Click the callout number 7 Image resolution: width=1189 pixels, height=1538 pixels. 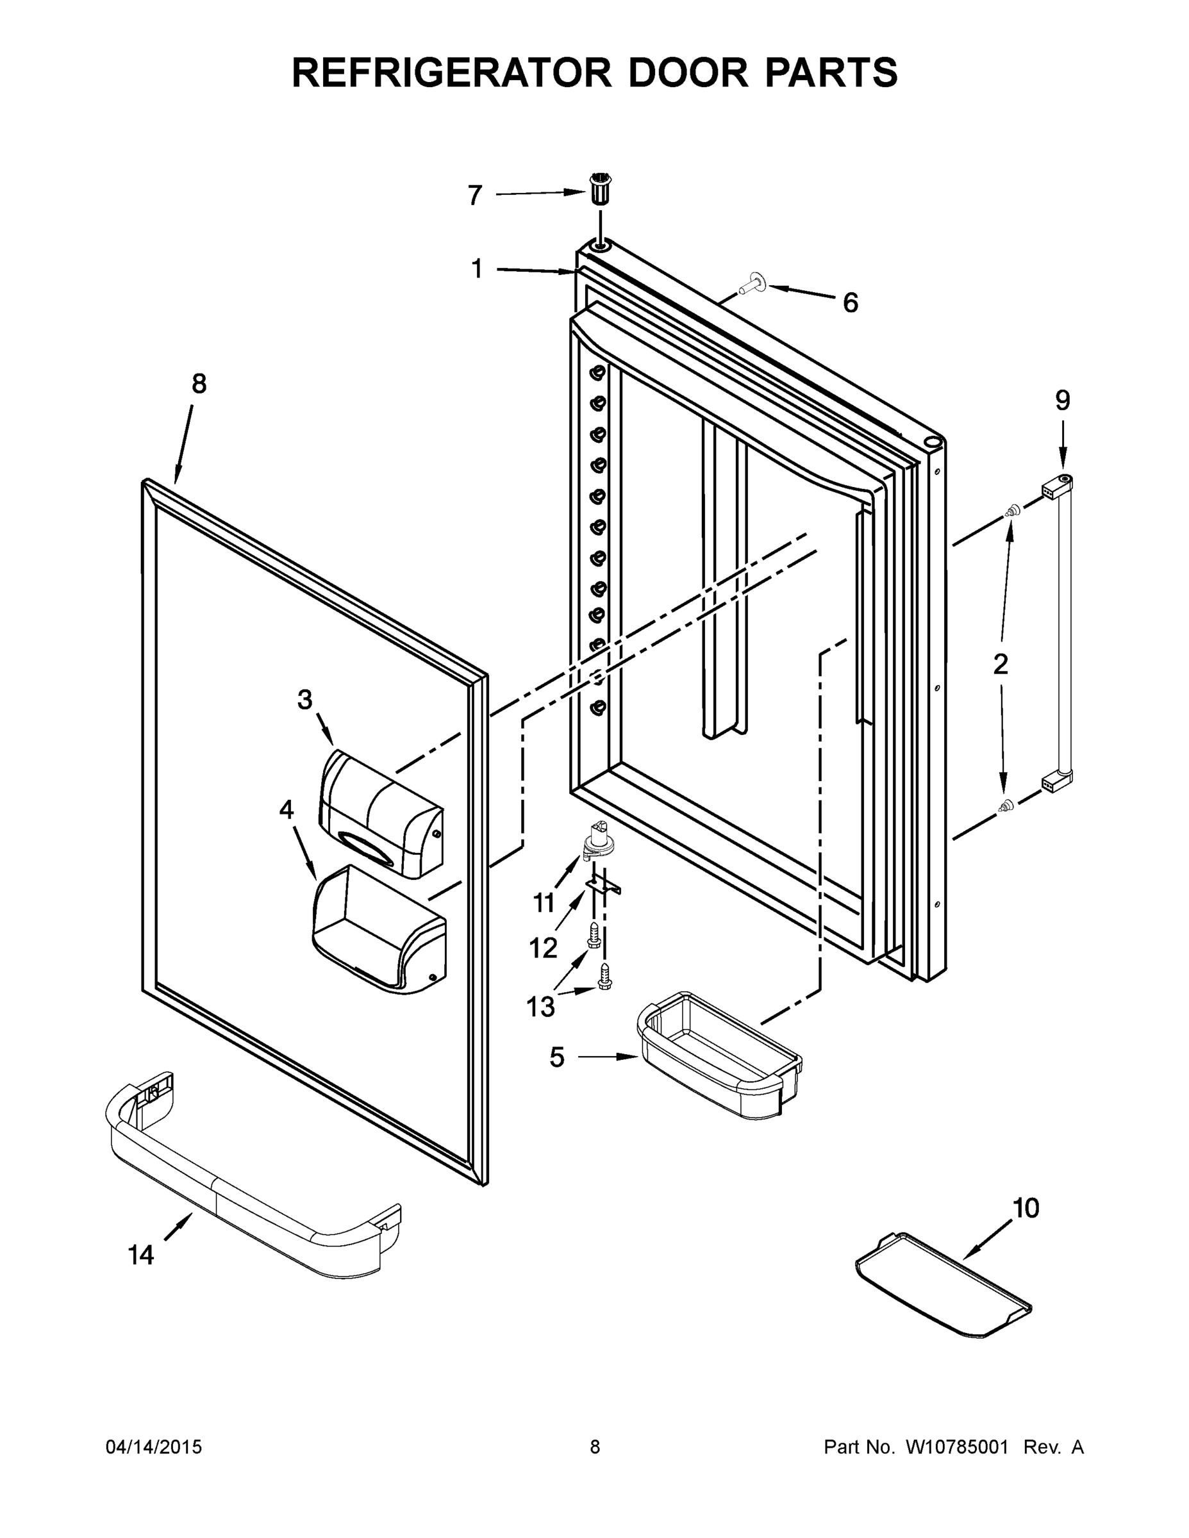(475, 195)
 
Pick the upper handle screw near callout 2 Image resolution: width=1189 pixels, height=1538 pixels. (1013, 510)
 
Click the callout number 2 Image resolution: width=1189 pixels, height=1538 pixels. (1000, 663)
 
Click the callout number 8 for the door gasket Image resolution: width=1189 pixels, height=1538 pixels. (199, 384)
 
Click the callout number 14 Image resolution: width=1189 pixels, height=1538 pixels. (141, 1254)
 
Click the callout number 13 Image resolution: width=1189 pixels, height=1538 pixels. (541, 1006)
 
